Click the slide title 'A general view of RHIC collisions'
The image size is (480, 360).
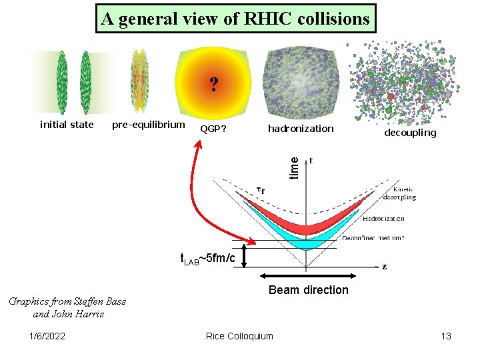click(x=235, y=19)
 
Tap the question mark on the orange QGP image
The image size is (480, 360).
click(x=213, y=85)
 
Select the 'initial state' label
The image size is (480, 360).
click(x=67, y=124)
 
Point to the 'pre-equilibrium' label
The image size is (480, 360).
click(x=148, y=124)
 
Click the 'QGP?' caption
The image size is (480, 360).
click(x=213, y=129)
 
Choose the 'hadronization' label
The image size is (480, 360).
click(x=300, y=129)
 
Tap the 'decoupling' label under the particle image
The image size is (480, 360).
click(x=410, y=132)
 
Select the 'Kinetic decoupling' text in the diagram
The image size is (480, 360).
click(x=399, y=193)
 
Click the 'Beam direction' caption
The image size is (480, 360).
click(x=308, y=289)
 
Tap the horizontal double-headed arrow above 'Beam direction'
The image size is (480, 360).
click(x=308, y=275)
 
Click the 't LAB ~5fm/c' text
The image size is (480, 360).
click(x=207, y=259)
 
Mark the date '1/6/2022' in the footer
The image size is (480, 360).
click(x=48, y=336)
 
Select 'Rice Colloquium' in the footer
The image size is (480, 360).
click(x=239, y=336)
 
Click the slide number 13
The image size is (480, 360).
click(x=446, y=336)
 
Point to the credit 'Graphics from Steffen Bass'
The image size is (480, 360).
click(x=67, y=301)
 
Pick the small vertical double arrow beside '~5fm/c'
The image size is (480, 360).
click(x=245, y=258)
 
